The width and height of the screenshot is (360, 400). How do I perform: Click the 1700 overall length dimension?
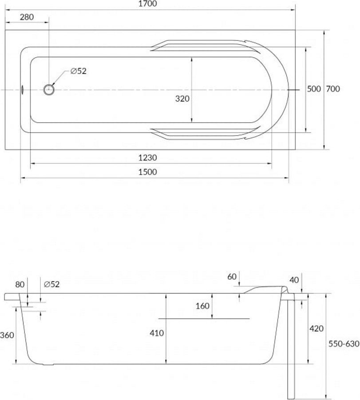147,4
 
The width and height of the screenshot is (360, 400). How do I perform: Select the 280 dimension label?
27,17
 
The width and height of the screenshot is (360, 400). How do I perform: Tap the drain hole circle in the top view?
49,89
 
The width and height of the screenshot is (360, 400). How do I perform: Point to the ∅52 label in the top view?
79,71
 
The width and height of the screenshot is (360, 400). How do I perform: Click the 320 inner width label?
182,99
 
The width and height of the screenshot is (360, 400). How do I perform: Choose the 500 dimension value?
314,89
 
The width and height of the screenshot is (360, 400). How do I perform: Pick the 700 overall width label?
333,89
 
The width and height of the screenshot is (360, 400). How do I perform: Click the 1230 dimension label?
147,158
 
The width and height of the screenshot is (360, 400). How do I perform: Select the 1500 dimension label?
147,172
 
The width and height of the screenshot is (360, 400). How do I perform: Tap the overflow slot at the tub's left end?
23,89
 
